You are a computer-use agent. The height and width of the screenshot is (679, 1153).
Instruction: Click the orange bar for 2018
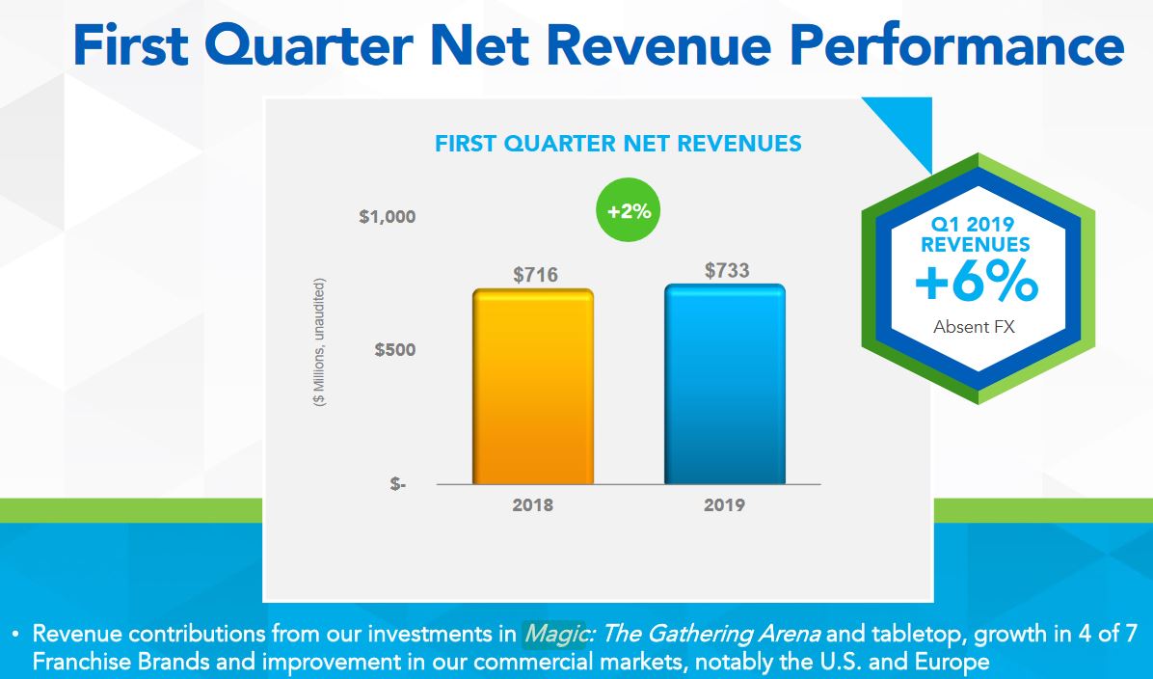(533, 386)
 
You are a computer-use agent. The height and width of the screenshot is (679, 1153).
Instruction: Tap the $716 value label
(535, 276)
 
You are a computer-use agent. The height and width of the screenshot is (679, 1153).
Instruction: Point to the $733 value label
(727, 271)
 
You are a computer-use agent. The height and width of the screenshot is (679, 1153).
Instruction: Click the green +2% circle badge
(629, 212)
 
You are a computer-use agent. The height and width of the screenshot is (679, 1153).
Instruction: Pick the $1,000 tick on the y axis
(388, 217)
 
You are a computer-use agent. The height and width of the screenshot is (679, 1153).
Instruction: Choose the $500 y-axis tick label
(395, 349)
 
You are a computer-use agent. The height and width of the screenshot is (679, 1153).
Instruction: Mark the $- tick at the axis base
(398, 484)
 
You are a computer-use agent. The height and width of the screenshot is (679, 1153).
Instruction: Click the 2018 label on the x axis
(533, 504)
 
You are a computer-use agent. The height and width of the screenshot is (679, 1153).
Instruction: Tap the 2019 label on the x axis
(724, 504)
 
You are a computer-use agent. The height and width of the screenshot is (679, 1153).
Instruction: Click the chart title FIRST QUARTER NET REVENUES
(618, 145)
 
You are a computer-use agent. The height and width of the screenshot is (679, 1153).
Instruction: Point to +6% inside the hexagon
(976, 285)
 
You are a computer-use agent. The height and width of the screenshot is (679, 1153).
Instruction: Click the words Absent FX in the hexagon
(975, 327)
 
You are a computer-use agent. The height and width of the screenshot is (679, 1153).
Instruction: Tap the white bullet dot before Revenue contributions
(15, 636)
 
